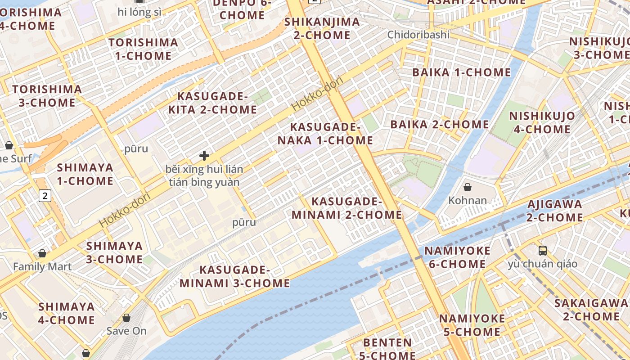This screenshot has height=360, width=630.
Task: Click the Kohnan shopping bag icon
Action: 468,187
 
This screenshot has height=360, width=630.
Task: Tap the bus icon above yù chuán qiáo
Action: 543,250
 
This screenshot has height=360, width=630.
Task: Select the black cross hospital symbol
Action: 204,156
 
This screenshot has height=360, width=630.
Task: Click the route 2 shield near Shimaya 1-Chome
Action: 45,196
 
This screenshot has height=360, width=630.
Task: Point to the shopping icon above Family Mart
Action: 42,254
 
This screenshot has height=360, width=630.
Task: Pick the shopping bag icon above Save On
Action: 126,318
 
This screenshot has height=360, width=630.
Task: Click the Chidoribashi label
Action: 418,35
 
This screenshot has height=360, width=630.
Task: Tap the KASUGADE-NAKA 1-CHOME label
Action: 325,134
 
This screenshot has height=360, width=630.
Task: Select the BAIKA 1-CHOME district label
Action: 462,72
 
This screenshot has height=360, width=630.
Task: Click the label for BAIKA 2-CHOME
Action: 440,124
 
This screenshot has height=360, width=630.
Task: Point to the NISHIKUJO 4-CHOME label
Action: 542,122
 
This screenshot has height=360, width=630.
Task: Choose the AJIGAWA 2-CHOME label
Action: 554,211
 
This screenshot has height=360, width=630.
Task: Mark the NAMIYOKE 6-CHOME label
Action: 457,257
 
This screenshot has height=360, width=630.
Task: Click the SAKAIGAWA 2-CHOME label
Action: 590,309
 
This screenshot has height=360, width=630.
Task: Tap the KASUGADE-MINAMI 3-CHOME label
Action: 234,276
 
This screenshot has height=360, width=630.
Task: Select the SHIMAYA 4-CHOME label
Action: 67,313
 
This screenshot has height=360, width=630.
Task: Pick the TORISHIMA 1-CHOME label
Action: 143,49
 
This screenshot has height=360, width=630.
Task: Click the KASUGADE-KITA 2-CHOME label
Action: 212,103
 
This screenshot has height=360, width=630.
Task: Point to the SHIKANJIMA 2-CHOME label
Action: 322,28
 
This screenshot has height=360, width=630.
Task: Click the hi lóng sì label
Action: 139,12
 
